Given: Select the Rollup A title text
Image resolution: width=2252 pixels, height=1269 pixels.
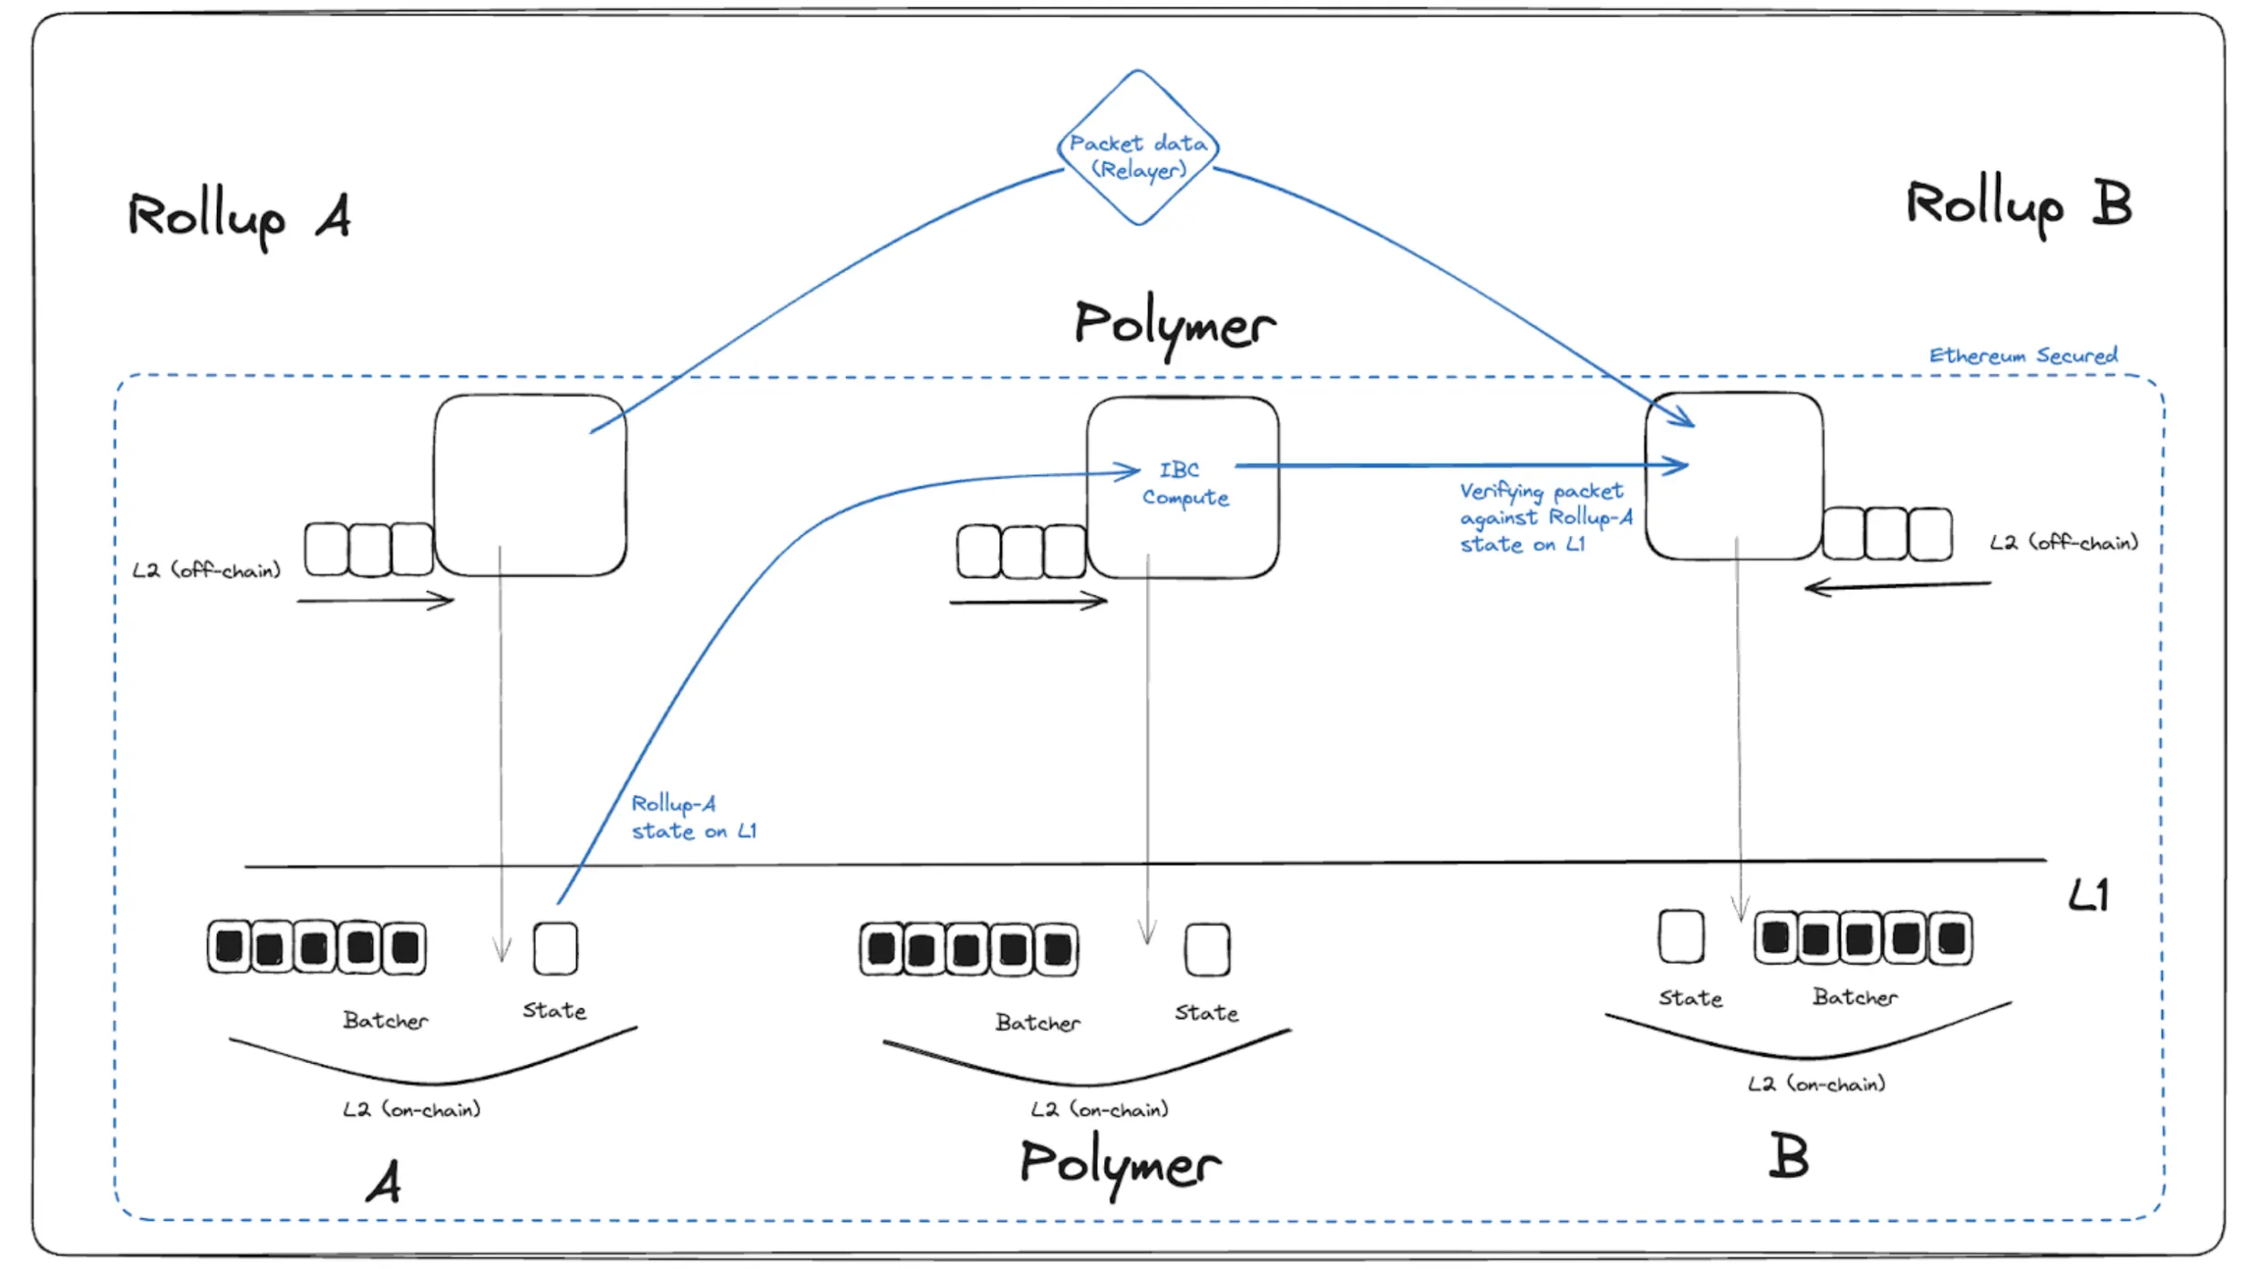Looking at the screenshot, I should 239,217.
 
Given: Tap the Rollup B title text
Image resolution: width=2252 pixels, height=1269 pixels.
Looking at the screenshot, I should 2019,204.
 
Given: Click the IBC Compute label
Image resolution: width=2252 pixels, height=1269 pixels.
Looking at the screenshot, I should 1183,483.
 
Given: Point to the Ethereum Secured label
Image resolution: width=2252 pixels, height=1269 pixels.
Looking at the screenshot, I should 2022,355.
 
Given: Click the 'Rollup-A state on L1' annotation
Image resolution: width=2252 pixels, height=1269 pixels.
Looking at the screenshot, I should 693,817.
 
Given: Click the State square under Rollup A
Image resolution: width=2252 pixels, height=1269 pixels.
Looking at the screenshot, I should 555,948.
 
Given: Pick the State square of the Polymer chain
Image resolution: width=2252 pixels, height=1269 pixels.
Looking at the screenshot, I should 1207,949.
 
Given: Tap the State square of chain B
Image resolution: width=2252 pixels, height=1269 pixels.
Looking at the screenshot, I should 1681,936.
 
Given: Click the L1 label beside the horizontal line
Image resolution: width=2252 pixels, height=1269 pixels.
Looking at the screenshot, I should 2088,896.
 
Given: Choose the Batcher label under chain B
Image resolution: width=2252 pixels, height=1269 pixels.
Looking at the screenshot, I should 1854,997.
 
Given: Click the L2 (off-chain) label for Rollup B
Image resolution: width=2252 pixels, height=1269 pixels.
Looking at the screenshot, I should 2063,542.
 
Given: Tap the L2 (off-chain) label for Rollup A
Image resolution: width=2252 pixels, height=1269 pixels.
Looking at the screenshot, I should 206,571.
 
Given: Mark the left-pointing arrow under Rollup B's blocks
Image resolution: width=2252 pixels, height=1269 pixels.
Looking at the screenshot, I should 1896,586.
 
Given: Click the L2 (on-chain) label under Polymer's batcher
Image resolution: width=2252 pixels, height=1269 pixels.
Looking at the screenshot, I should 1100,1109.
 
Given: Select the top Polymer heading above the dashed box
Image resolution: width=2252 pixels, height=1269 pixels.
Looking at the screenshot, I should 1174,325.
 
